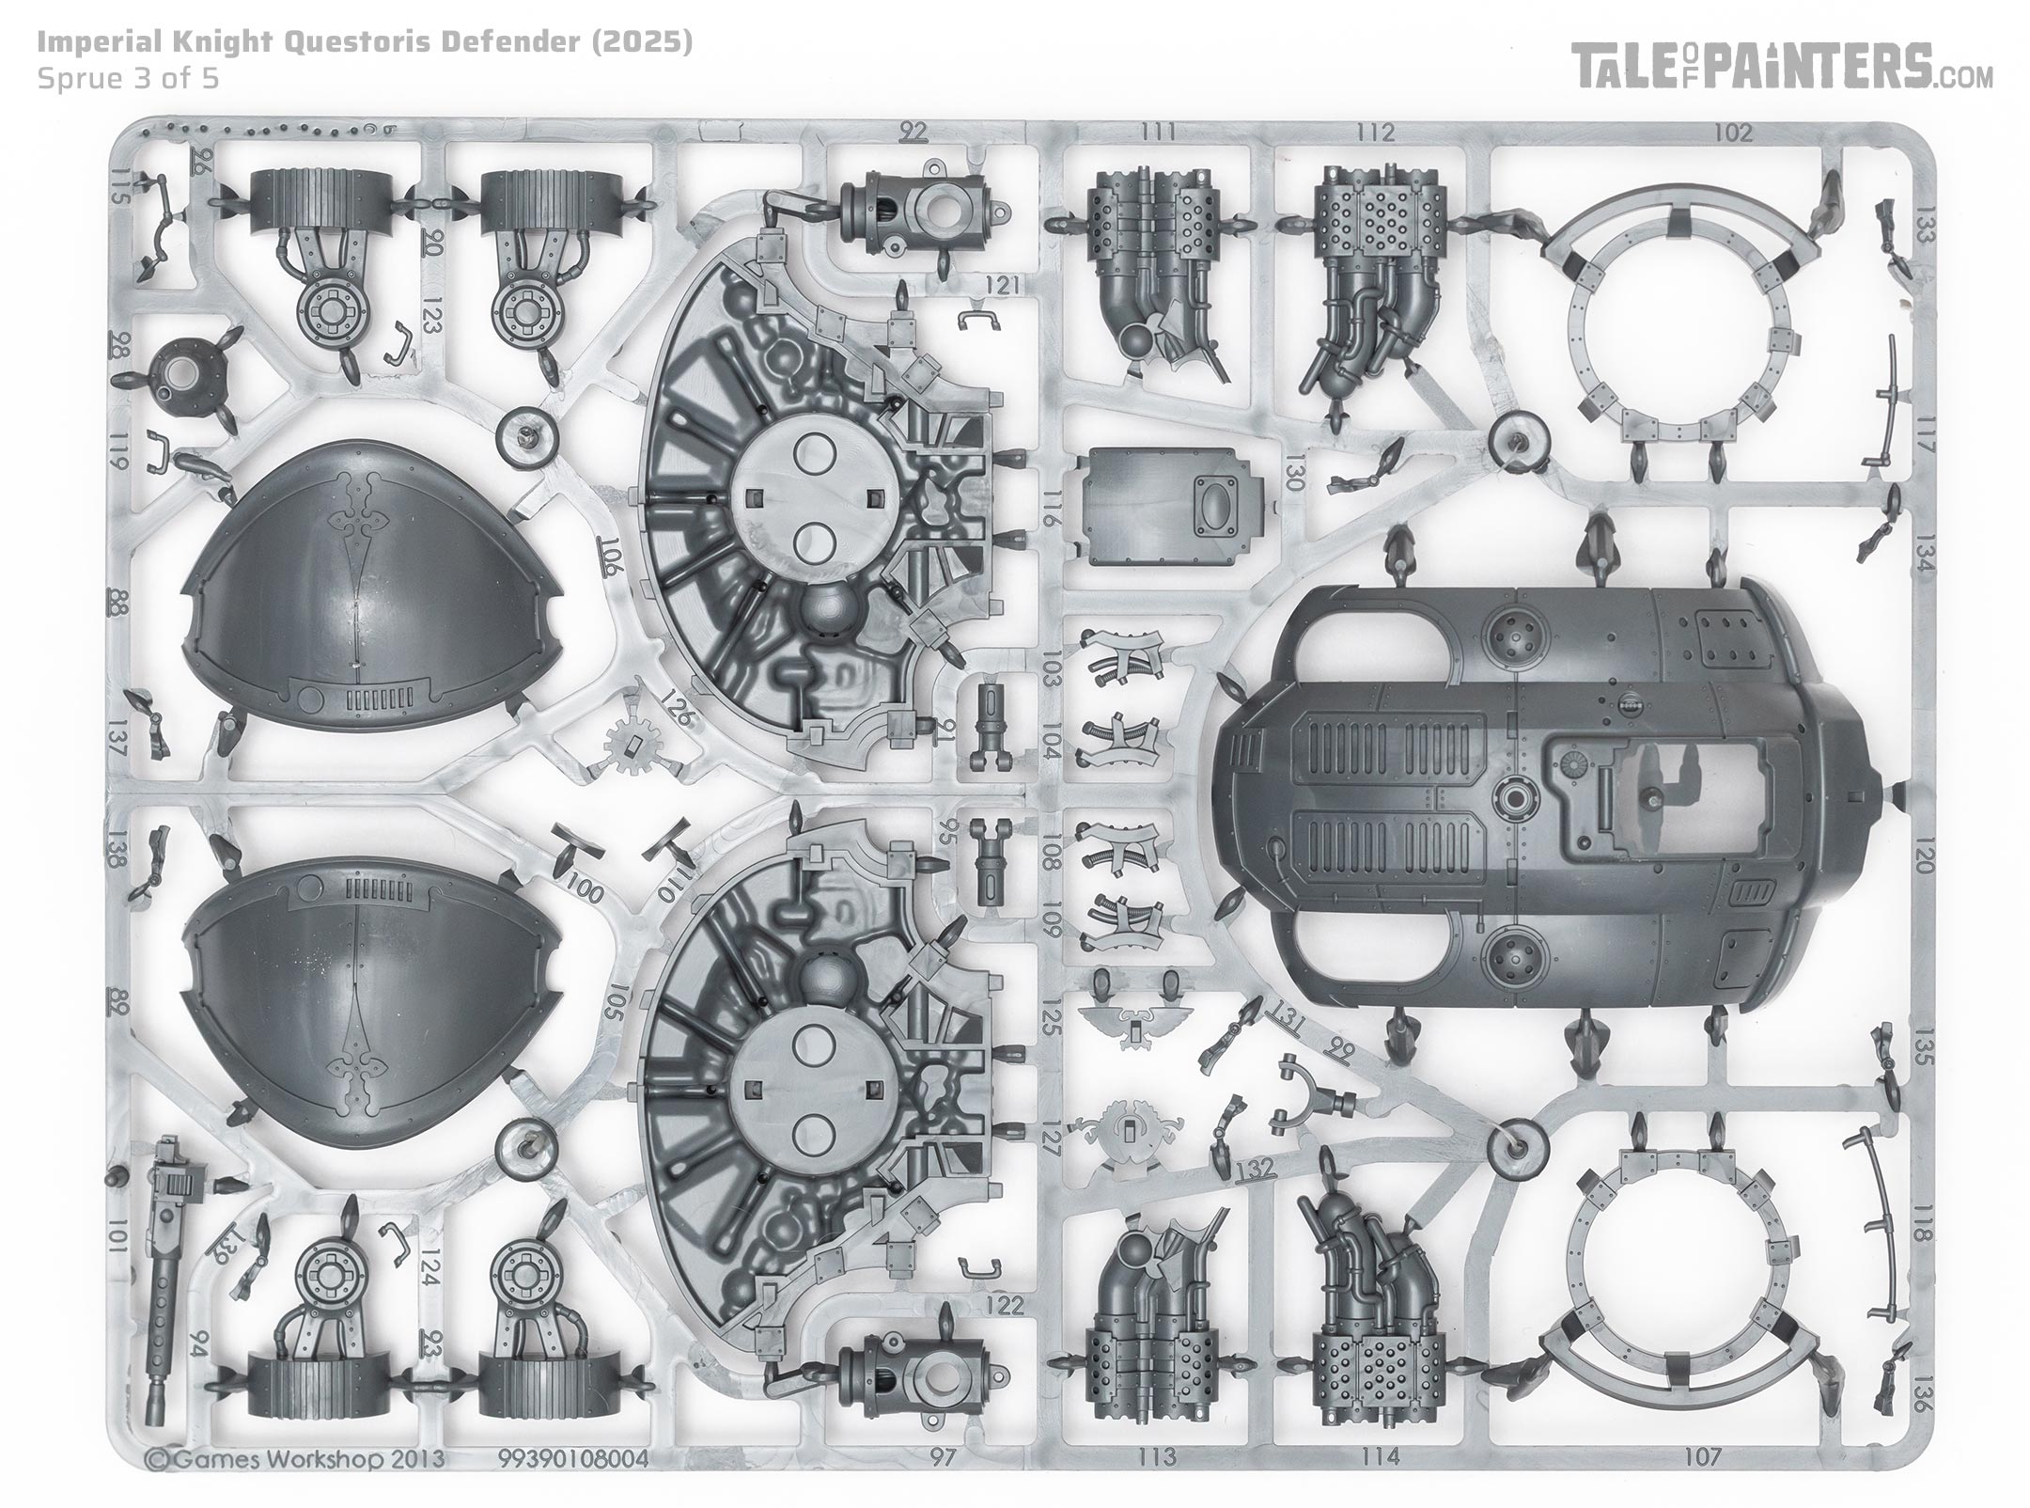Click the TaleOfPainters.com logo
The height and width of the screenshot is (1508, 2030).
[1783, 68]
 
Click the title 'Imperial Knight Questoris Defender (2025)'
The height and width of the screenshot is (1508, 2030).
[365, 43]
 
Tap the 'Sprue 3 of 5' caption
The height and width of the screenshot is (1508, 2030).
[128, 78]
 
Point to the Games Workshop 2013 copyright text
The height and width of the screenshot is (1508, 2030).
[295, 1458]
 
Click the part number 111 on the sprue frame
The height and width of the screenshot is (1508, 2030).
[1155, 133]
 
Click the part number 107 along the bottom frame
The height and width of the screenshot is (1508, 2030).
[1703, 1457]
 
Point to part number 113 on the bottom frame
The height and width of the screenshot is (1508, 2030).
[1156, 1457]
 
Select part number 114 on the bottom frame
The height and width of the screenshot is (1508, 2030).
[1379, 1457]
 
